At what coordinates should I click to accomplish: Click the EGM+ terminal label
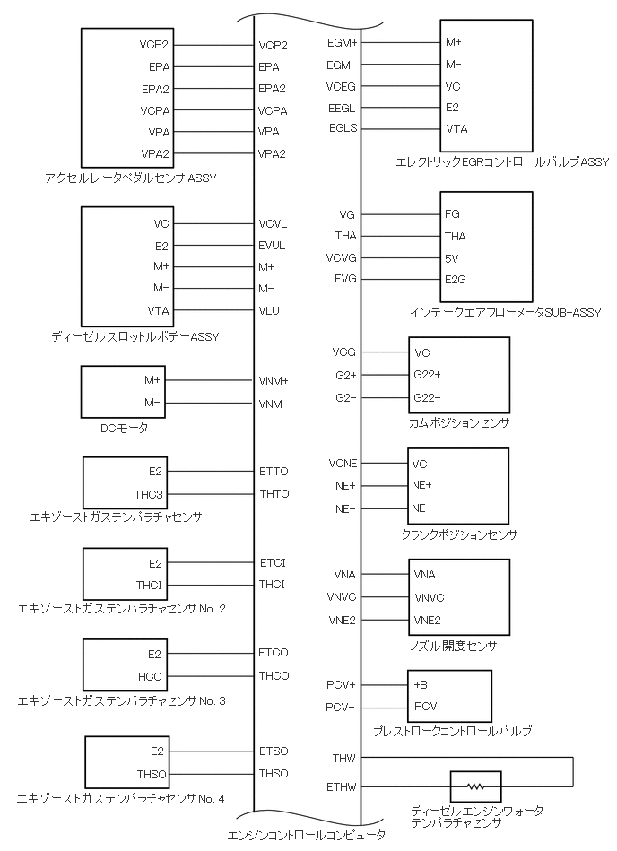coord(343,42)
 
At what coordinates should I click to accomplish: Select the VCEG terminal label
coord(343,86)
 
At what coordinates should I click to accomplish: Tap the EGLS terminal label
coord(343,128)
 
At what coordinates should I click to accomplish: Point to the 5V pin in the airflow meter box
coord(453,258)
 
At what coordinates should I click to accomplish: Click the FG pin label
coord(453,215)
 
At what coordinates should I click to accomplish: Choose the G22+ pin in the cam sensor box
coord(428,374)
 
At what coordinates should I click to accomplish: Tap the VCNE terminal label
coord(343,464)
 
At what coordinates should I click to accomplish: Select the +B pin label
coord(421,684)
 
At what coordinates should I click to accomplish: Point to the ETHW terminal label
coord(343,787)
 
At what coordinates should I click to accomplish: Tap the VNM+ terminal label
coord(274,381)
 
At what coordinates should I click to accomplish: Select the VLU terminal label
coord(269,310)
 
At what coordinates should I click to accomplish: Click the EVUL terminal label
coord(272,245)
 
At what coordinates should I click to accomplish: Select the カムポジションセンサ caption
coord(458,421)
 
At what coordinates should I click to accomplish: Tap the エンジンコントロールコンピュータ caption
coord(306,835)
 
